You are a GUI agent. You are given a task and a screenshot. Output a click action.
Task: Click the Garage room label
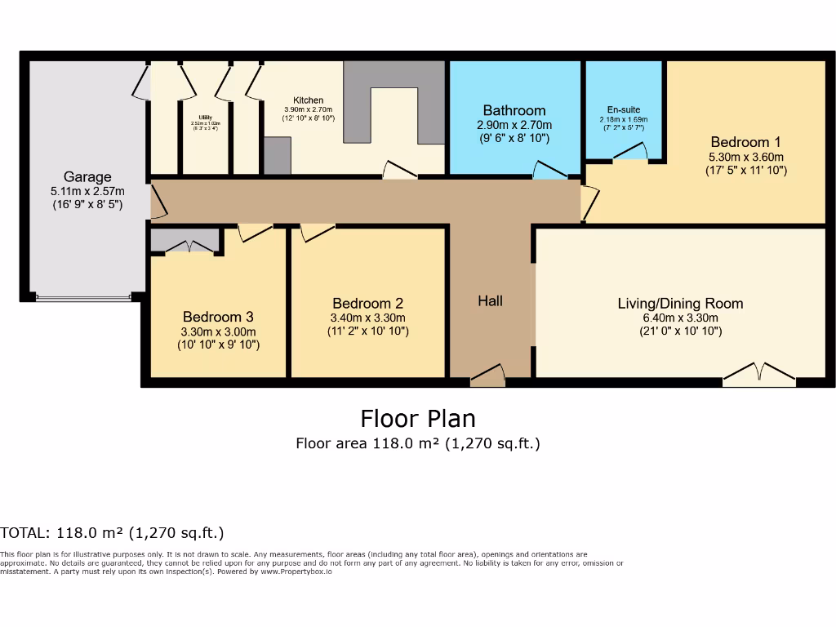(87, 177)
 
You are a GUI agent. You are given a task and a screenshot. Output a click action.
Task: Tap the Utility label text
(200, 117)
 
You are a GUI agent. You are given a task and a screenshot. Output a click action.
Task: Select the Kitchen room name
(303, 100)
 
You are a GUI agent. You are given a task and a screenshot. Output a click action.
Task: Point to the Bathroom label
(514, 110)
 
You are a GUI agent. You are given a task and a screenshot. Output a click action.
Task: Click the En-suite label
(624, 109)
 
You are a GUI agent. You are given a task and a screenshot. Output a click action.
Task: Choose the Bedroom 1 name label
(745, 141)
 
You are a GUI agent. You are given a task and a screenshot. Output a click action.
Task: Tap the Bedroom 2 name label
(367, 303)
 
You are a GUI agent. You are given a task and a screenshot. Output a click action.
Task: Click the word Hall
(490, 301)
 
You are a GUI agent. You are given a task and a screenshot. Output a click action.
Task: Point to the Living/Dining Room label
(680, 304)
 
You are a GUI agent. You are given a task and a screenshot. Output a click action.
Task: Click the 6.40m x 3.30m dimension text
(680, 318)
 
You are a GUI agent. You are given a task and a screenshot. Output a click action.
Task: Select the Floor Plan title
(418, 419)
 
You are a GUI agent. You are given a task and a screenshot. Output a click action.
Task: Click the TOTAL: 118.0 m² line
(112, 533)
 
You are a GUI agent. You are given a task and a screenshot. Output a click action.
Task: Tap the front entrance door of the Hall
(488, 376)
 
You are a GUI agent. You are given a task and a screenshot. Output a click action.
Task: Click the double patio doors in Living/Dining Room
(759, 375)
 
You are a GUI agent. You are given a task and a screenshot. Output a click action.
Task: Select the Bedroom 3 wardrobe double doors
(188, 246)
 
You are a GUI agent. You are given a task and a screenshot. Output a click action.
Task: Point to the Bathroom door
(549, 170)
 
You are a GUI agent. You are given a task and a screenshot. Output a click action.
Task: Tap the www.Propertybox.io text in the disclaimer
(296, 571)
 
